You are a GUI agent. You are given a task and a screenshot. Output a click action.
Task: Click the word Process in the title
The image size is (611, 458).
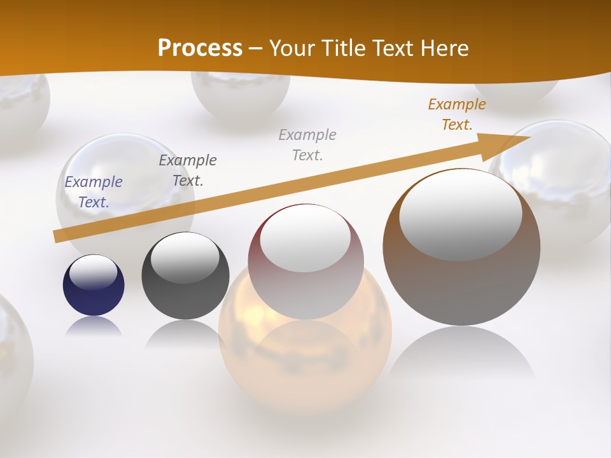(x=200, y=48)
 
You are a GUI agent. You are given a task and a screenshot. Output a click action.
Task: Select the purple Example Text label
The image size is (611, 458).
(x=94, y=192)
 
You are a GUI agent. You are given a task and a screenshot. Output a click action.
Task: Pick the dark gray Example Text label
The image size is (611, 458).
(x=188, y=170)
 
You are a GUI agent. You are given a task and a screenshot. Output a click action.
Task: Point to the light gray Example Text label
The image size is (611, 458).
(x=307, y=144)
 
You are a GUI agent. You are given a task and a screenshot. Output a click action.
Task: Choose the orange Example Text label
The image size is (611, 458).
(x=457, y=114)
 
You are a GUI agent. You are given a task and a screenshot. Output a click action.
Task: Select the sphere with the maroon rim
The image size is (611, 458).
(x=306, y=280)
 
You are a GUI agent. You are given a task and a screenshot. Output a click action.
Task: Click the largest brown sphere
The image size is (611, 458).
(x=461, y=280)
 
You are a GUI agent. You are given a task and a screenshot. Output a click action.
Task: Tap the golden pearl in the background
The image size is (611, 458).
(x=305, y=356)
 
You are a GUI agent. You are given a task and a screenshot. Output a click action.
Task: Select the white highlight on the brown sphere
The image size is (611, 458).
(x=460, y=213)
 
